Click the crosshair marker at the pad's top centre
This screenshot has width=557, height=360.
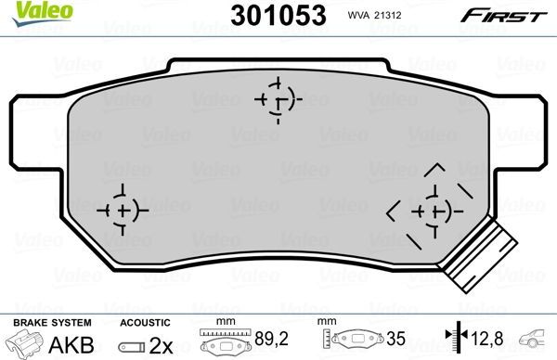click(x=279, y=97)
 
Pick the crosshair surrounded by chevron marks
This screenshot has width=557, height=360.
click(x=427, y=210)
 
